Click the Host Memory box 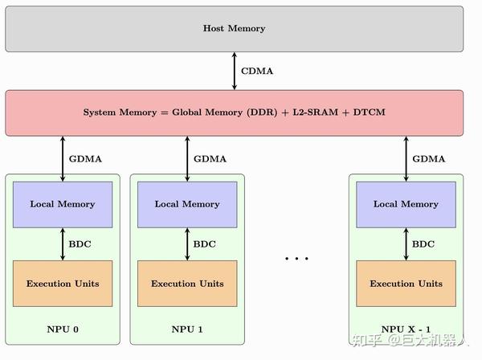pos(234,29)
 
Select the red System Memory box pos(234,112)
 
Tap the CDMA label pos(257,71)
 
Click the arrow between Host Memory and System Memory pos(234,71)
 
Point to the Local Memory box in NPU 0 pos(63,204)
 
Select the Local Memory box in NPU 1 pos(187,204)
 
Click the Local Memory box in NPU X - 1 pos(406,204)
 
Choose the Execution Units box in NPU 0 pos(63,283)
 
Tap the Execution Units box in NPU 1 pos(187,283)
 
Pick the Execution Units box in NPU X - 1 pos(406,283)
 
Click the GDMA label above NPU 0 pos(85,159)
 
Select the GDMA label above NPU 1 pos(210,159)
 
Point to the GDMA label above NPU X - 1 pos(428,159)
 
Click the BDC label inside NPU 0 pos(80,243)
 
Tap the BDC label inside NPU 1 pos(205,243)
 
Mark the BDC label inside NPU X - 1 pos(423,243)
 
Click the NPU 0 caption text pos(63,329)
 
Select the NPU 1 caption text pos(187,329)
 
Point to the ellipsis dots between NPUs pos(296,259)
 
